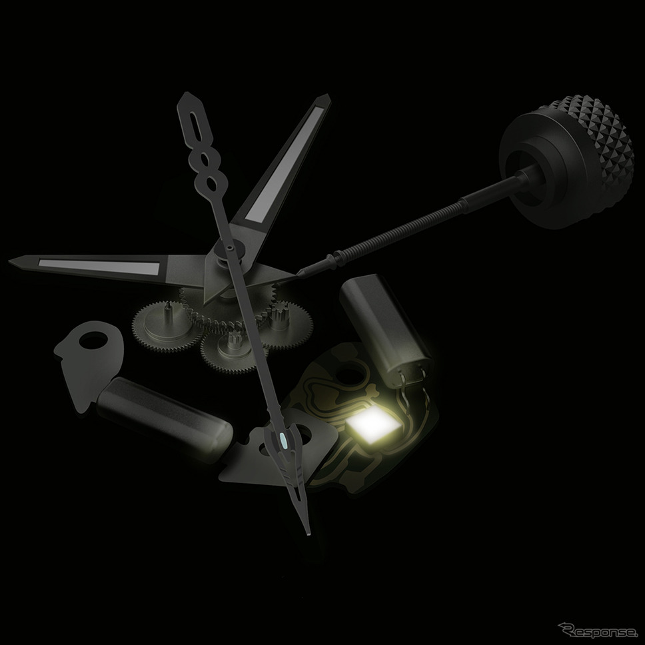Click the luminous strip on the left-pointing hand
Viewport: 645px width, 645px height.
click(99, 266)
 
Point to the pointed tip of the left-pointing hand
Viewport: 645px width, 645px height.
click(10, 261)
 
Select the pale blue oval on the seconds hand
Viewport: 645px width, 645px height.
click(283, 440)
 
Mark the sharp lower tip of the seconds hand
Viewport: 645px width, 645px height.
click(307, 534)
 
